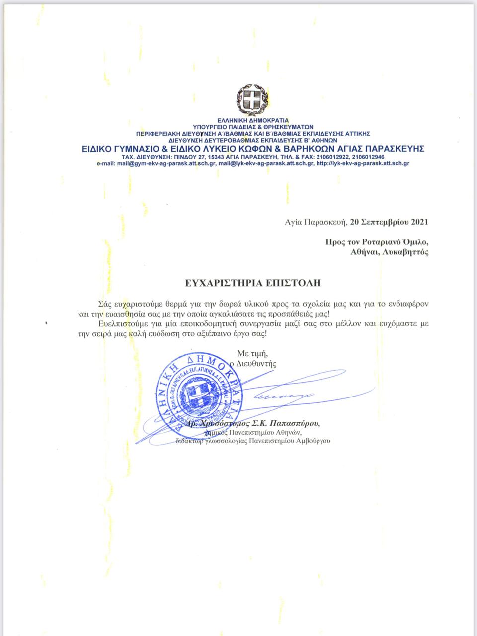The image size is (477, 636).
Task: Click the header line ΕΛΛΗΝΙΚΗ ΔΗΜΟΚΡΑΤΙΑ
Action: [x=253, y=120]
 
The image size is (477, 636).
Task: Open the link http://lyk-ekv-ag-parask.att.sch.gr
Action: [x=363, y=163]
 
